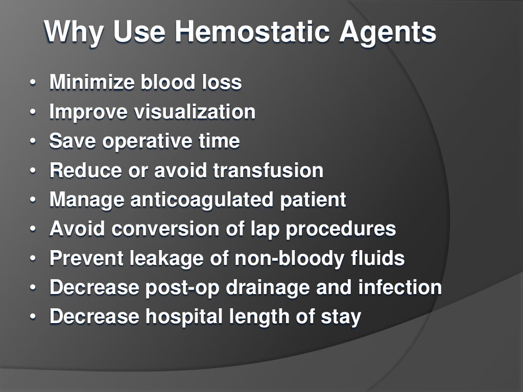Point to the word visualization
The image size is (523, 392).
pyautogui.click(x=195, y=112)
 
